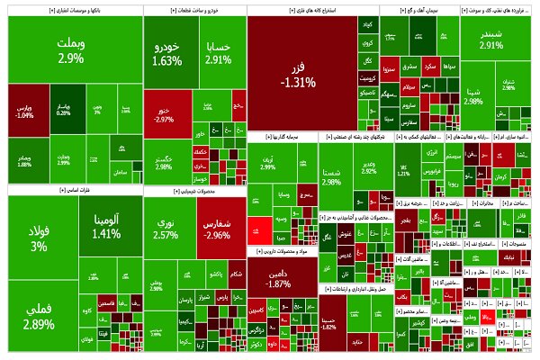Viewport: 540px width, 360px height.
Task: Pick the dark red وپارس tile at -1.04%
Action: click(25, 110)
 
